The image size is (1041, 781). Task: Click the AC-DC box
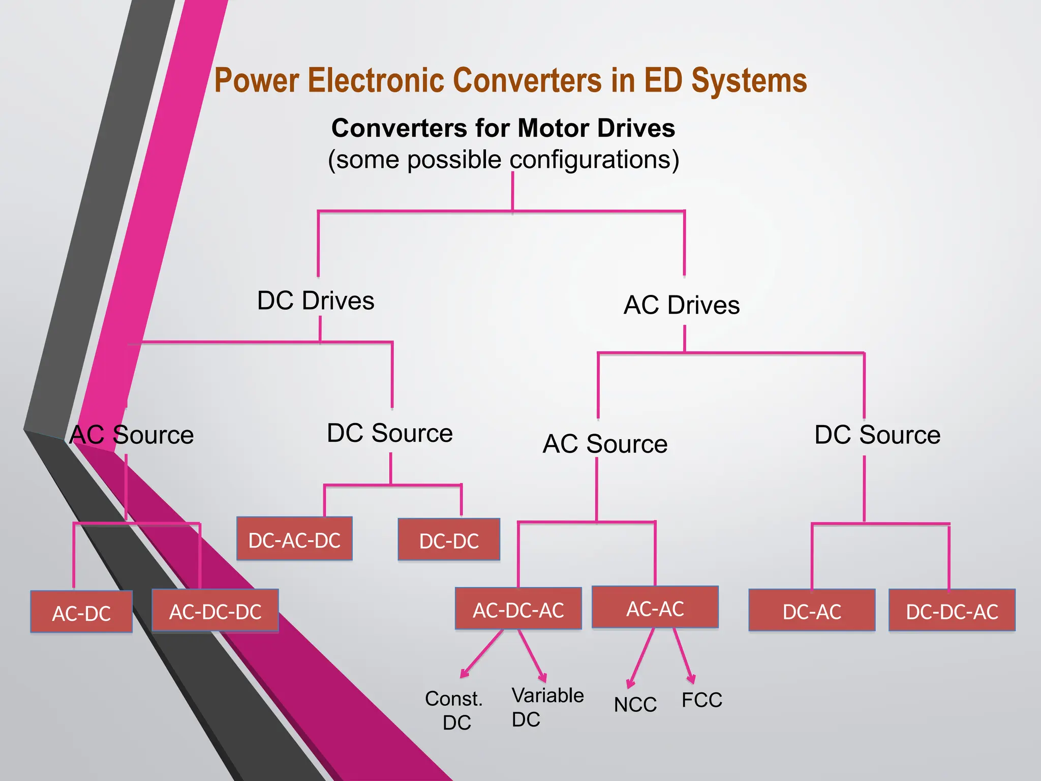[x=81, y=612]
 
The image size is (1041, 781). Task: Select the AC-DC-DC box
[x=215, y=611]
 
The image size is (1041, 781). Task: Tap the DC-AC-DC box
[x=294, y=539]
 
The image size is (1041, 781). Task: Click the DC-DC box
[x=449, y=540]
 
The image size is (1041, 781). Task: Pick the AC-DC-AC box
[x=518, y=609]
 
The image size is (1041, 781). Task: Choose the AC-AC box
[x=655, y=608]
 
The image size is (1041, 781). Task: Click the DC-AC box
[x=812, y=611]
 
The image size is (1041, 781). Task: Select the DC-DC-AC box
[x=952, y=611]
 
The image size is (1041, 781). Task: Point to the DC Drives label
[x=316, y=301]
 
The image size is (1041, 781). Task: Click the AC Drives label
[x=681, y=305]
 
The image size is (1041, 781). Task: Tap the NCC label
[x=635, y=705]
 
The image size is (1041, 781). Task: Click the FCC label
[x=701, y=700]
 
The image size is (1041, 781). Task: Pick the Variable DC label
[x=547, y=707]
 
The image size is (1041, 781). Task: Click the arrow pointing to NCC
[x=641, y=658]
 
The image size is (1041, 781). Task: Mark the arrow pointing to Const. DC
[x=481, y=654]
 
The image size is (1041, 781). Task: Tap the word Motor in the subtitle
[x=554, y=128]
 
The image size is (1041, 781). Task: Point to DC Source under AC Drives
[x=877, y=435]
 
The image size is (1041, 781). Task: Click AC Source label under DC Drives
[x=132, y=435]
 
